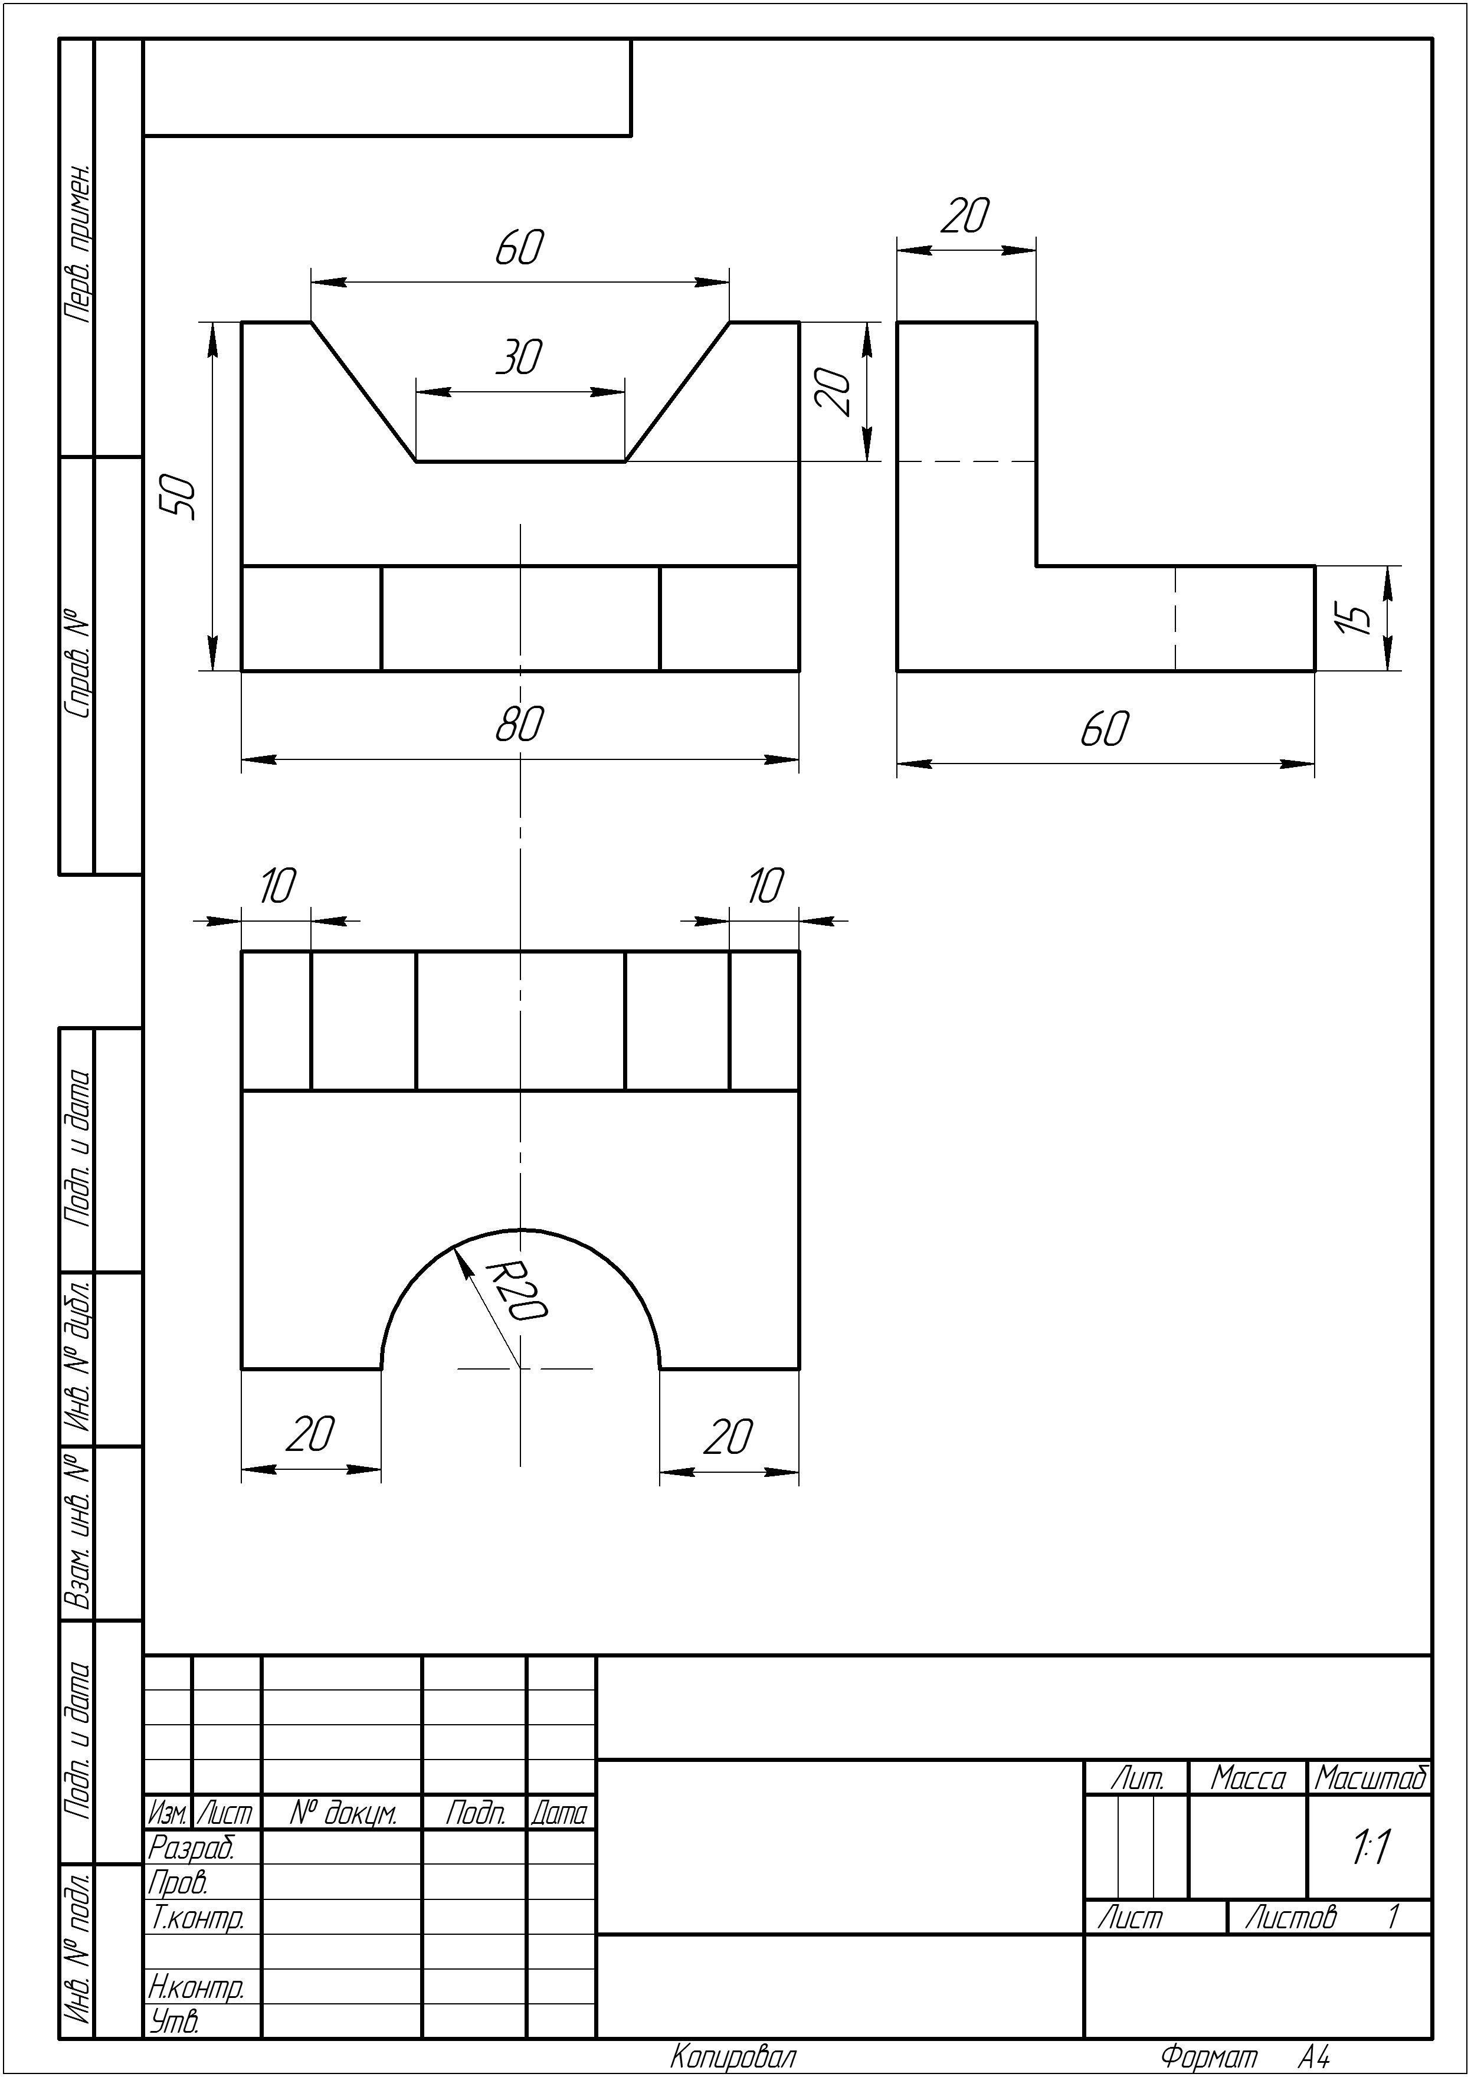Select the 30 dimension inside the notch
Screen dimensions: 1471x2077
pos(519,358)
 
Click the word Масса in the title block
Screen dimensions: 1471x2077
pos(1248,1778)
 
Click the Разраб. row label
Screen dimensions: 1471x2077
pos(191,1846)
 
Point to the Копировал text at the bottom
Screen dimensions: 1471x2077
pos(733,2056)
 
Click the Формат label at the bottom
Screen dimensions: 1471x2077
pos(1208,2056)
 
